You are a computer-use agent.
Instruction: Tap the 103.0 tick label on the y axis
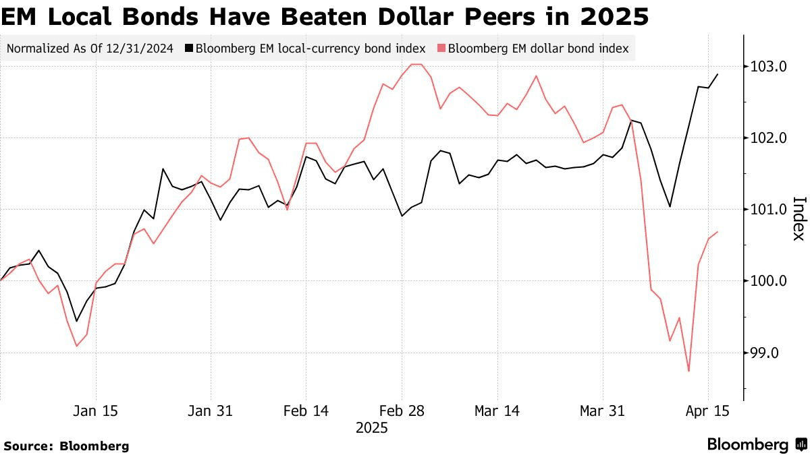[765, 67]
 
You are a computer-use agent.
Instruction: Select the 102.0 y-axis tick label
[765, 138]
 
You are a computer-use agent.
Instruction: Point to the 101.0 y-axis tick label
[765, 210]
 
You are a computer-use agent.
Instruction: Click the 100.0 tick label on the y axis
[765, 281]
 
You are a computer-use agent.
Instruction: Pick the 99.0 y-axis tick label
[764, 353]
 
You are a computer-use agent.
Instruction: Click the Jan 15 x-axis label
[96, 411]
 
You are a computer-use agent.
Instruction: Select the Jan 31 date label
[211, 411]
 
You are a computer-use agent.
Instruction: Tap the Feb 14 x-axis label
[306, 411]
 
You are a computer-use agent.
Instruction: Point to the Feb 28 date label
[402, 411]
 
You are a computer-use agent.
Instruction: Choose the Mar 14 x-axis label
[497, 411]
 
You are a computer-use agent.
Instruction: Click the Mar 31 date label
[603, 411]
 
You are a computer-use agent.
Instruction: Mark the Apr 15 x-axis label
[707, 411]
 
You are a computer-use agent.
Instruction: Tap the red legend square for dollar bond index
[441, 49]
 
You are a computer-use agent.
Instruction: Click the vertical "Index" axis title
[798, 218]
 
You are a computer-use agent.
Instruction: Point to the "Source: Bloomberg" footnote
[66, 446]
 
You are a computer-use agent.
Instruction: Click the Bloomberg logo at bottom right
[756, 444]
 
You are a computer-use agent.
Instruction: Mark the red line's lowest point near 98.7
[688, 371]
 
